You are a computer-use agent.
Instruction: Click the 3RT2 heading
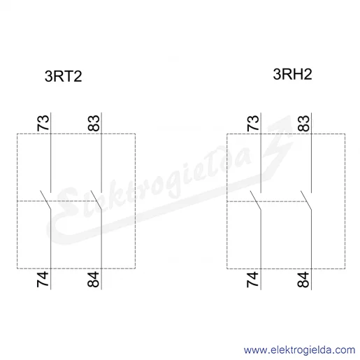pos(63,76)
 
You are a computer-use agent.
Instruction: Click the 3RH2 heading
pos(292,74)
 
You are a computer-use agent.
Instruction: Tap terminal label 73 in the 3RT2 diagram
pos(43,122)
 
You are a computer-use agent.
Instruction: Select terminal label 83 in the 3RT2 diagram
pos(94,123)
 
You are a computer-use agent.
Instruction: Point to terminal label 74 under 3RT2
pos(43,279)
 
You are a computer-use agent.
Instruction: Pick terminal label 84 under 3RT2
pos(94,279)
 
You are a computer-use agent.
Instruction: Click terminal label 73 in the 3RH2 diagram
pos(253,122)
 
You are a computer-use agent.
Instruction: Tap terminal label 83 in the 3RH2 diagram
pos(304,123)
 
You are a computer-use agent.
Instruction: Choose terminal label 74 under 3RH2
pos(253,279)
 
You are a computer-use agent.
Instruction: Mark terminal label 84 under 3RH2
pos(303,279)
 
